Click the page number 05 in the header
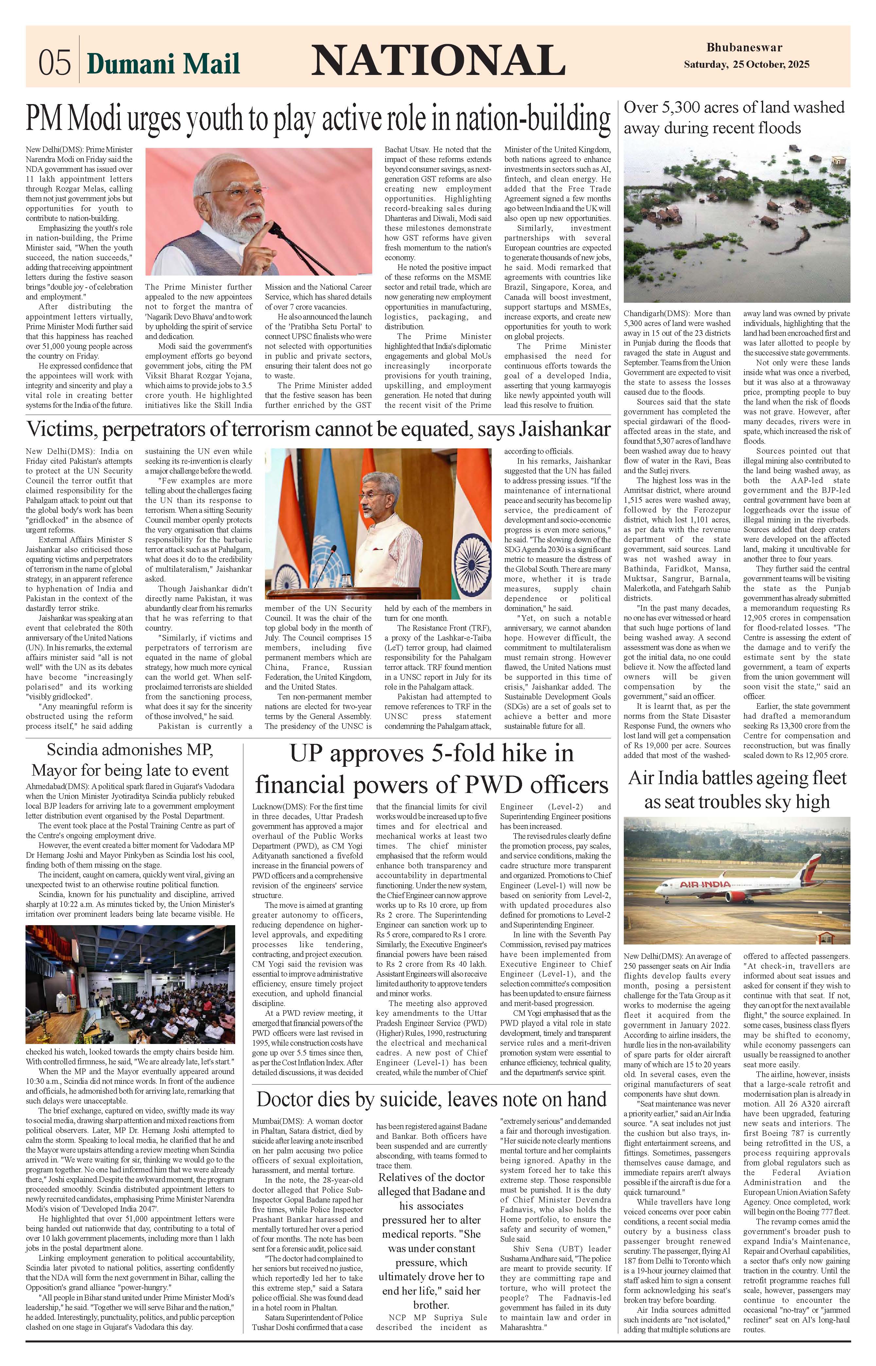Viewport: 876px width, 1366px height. click(55, 62)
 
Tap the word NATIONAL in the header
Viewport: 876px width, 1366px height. click(435, 60)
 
